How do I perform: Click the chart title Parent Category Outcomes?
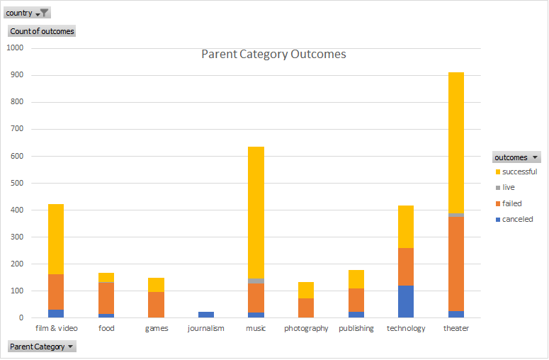click(x=273, y=55)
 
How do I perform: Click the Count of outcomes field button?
click(x=41, y=31)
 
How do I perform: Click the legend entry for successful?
click(x=519, y=171)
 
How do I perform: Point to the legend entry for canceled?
click(x=516, y=219)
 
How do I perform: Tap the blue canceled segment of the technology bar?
click(x=406, y=301)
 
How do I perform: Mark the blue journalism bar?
click(x=206, y=314)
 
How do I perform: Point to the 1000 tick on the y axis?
click(x=15, y=48)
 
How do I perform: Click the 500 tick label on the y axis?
click(x=17, y=183)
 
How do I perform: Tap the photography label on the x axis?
click(x=306, y=329)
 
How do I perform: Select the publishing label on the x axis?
click(x=356, y=329)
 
